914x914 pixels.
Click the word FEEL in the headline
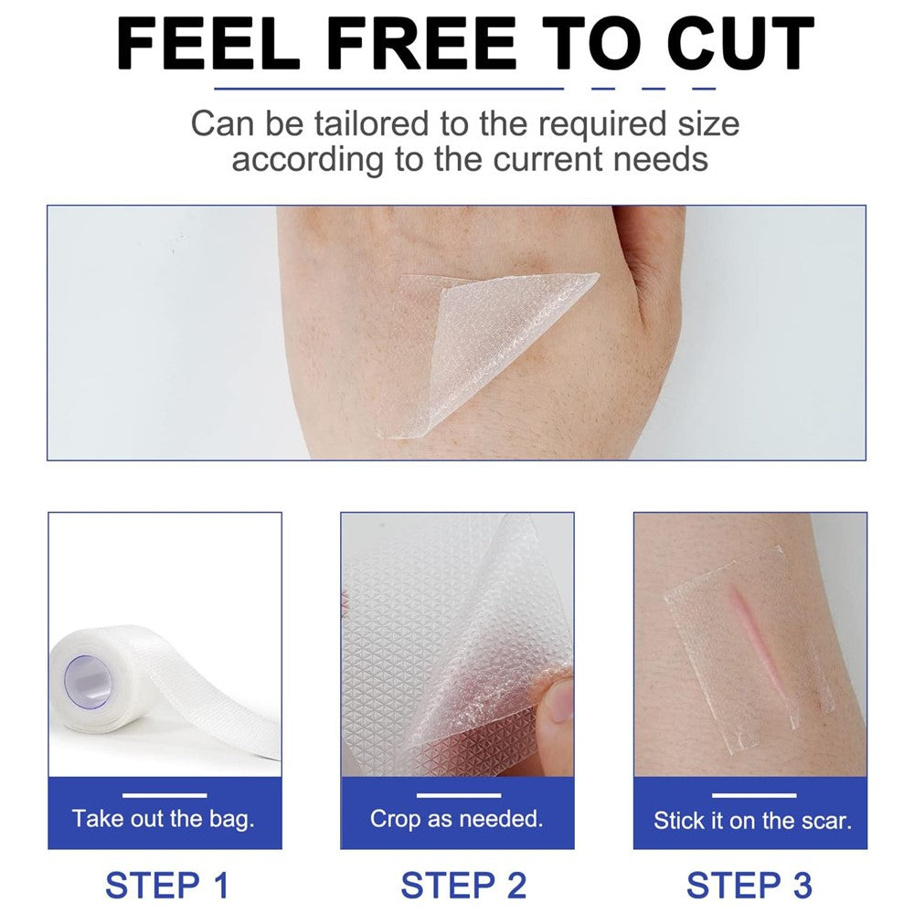(208, 44)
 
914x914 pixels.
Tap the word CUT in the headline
(740, 44)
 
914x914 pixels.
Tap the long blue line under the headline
(388, 89)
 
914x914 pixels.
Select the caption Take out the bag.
(164, 818)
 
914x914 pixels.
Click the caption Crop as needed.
(456, 819)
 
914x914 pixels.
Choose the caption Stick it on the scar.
(752, 820)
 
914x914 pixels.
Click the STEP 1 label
(166, 886)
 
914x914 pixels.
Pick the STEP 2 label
(462, 886)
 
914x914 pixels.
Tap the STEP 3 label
(749, 886)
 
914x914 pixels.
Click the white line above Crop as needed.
(459, 795)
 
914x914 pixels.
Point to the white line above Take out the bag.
(165, 795)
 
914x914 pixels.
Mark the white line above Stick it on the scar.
(754, 795)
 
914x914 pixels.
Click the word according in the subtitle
(308, 160)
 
